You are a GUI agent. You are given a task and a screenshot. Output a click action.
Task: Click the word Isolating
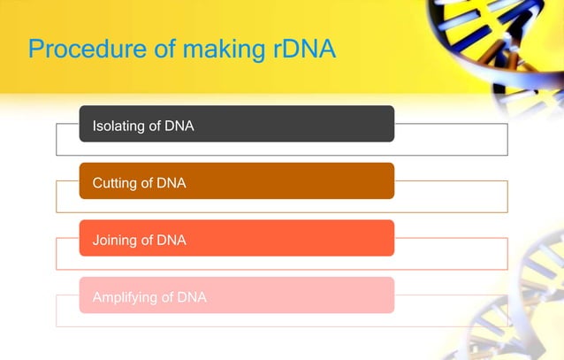pyautogui.click(x=118, y=126)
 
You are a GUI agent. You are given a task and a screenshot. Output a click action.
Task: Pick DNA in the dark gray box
pyautogui.click(x=179, y=126)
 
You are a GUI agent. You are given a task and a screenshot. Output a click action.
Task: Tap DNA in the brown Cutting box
pyautogui.click(x=171, y=183)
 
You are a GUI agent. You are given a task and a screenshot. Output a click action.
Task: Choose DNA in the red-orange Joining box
pyautogui.click(x=171, y=240)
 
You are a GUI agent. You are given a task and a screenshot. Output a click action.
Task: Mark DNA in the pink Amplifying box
pyautogui.click(x=192, y=297)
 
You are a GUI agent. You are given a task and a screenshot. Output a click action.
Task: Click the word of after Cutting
pyautogui.click(x=147, y=183)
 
